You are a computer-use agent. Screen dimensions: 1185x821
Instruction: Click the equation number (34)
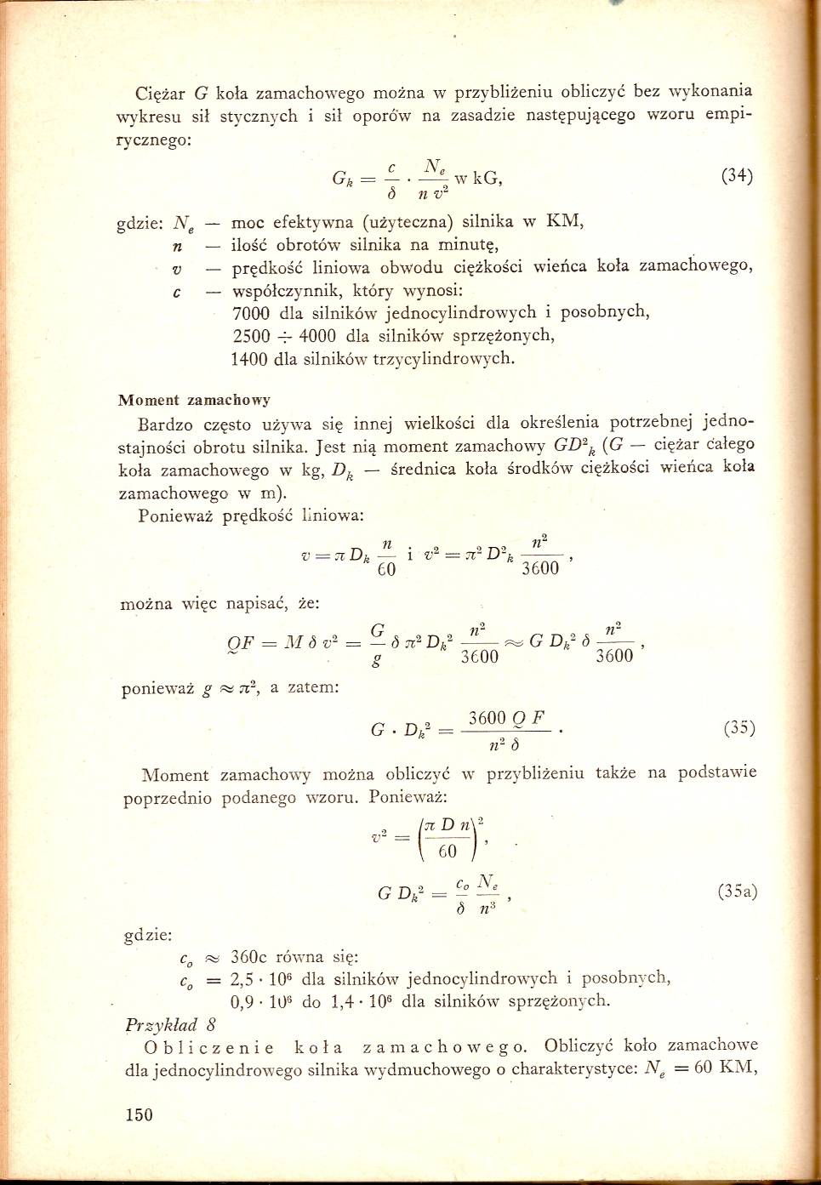[737, 177]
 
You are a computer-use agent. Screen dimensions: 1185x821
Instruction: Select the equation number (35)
[738, 728]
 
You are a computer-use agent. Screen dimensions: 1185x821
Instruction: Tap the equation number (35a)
[738, 892]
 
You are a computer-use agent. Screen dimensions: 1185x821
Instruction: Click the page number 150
[139, 1114]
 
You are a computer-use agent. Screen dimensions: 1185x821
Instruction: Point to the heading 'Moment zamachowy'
[194, 399]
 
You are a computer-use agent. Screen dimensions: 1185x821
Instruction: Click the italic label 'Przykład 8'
[170, 1024]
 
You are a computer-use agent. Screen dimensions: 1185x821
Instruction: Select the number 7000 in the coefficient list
[251, 312]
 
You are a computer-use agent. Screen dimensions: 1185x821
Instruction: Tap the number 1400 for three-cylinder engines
[251, 359]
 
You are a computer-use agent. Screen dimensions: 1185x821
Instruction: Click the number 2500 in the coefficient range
[251, 335]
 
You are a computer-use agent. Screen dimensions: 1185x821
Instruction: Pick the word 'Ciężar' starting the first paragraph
[162, 92]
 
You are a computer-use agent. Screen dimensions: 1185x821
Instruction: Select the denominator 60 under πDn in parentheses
[448, 852]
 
